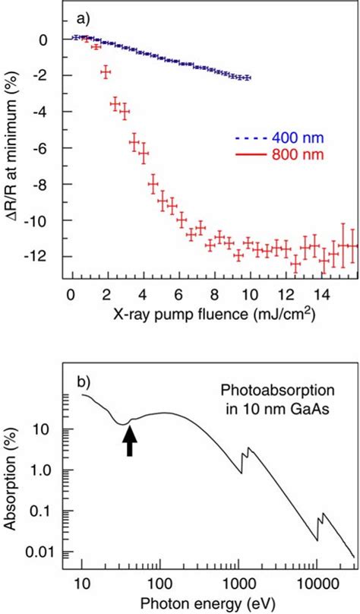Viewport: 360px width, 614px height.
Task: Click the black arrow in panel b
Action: point(130,440)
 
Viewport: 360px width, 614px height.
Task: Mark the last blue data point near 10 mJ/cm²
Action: point(248,78)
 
